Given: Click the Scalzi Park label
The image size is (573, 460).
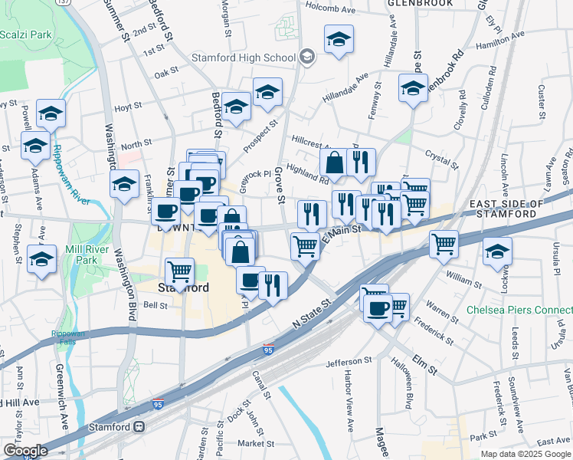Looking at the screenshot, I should [x=26, y=34].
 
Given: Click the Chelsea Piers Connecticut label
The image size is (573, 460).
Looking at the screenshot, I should [x=519, y=310].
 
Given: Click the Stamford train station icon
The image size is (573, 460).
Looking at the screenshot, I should [x=139, y=427].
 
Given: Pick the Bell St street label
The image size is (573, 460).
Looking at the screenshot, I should [x=156, y=304].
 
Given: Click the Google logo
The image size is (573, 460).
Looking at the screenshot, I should [x=25, y=451].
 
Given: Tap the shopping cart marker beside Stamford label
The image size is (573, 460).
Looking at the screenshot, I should [x=179, y=273].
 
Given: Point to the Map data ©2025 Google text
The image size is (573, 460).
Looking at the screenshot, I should [x=526, y=454].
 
